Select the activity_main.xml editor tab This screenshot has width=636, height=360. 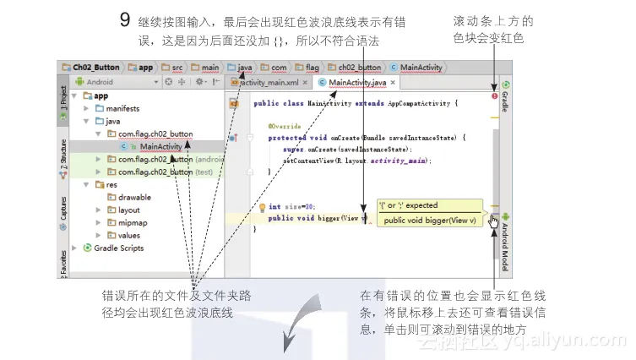tap(268, 82)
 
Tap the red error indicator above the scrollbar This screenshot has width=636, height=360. tap(495, 96)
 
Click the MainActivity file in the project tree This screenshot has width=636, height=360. tap(160, 146)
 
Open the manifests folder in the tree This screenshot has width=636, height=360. tap(122, 108)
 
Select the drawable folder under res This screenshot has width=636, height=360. tap(133, 197)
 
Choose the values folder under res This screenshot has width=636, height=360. tap(129, 236)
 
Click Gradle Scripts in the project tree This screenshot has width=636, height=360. tap(118, 248)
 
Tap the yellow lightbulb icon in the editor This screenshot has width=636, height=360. tap(262, 206)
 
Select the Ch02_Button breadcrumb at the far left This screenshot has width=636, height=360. tap(92, 66)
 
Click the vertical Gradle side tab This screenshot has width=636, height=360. tap(506, 98)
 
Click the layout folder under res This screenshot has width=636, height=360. tap(128, 210)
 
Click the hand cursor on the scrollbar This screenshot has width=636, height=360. tap(494, 221)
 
